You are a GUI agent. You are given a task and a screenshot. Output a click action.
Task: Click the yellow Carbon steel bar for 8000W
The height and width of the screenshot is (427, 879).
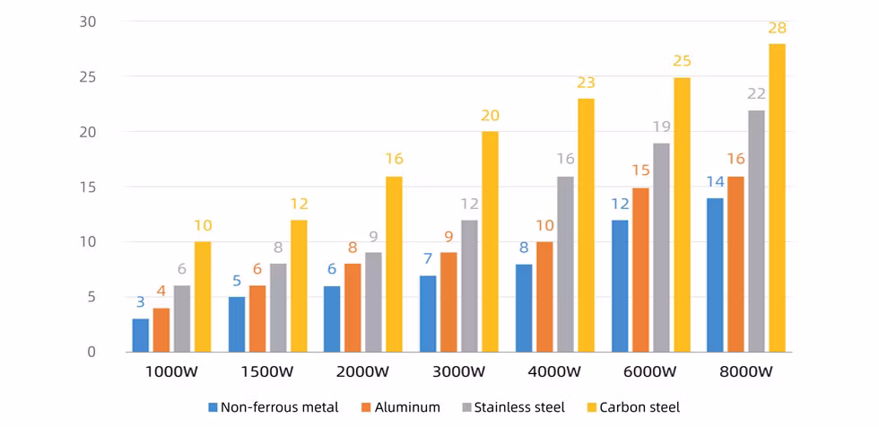click(x=777, y=197)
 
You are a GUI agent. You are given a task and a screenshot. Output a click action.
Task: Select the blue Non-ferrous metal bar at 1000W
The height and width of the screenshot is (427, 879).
click(x=141, y=335)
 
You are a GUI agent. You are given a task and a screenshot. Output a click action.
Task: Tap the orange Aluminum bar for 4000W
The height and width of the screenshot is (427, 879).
click(x=545, y=297)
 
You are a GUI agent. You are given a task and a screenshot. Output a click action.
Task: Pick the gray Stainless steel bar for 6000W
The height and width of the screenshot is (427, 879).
click(x=662, y=248)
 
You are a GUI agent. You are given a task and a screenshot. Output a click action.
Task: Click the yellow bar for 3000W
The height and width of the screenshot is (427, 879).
click(x=490, y=242)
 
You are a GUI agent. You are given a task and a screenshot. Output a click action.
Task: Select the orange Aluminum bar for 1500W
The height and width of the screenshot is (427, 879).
click(x=257, y=318)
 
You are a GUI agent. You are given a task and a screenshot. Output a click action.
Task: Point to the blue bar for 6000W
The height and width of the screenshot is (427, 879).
click(x=621, y=286)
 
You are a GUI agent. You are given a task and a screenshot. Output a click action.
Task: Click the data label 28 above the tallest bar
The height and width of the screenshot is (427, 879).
click(x=777, y=29)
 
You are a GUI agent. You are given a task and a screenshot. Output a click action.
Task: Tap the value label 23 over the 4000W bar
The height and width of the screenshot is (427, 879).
click(x=586, y=83)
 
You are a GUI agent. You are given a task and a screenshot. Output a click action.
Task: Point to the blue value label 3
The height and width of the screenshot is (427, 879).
click(x=141, y=302)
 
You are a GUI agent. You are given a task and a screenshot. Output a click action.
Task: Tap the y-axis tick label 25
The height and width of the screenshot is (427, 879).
click(x=86, y=77)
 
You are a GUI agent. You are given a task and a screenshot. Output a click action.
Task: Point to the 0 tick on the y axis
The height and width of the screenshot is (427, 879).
click(x=91, y=353)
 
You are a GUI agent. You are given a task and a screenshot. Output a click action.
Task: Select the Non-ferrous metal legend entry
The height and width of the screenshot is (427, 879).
click(x=274, y=407)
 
